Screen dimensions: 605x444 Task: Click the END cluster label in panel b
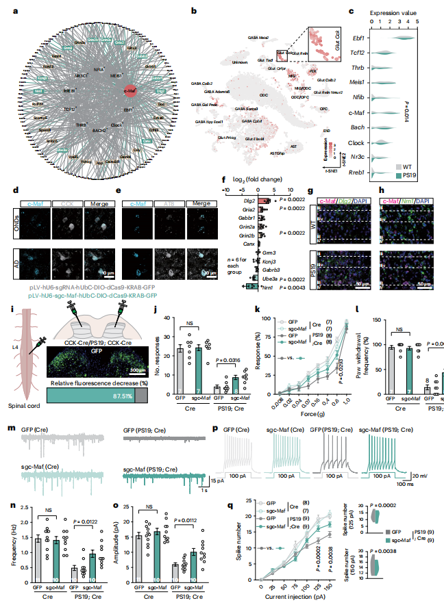pyautogui.click(x=328, y=129)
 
